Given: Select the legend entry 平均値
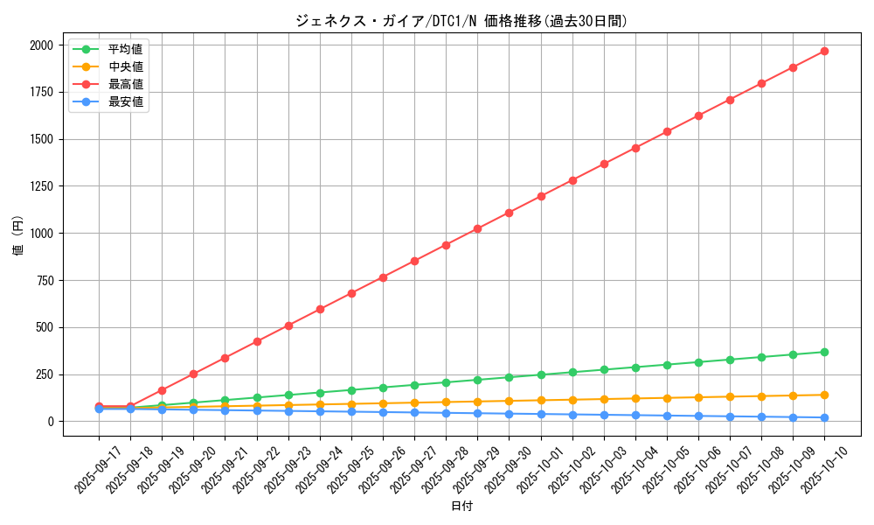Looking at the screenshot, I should pyautogui.click(x=125, y=49).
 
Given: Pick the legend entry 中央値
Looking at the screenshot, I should pyautogui.click(x=125, y=66).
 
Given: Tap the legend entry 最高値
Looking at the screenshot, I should pyautogui.click(x=125, y=84).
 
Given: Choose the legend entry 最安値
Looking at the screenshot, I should pyautogui.click(x=125, y=101).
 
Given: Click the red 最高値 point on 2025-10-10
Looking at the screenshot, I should pyautogui.click(x=824, y=51).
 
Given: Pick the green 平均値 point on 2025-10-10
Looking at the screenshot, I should pyautogui.click(x=824, y=352).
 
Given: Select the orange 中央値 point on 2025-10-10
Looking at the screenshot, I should pyautogui.click(x=824, y=395).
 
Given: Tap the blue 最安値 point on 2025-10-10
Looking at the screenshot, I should pyautogui.click(x=824, y=417).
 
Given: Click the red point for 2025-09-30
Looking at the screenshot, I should pyautogui.click(x=509, y=213).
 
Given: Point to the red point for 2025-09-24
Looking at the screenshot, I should pyautogui.click(x=320, y=309).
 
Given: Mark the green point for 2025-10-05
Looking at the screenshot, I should pyautogui.click(x=667, y=365).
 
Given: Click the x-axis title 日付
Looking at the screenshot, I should pyautogui.click(x=461, y=507).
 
